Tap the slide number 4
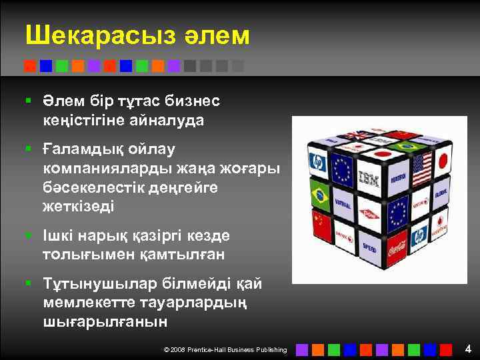pos(468,349)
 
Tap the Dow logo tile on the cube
pos(369,214)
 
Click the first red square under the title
pos(29,66)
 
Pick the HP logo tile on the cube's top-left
pos(317,162)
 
